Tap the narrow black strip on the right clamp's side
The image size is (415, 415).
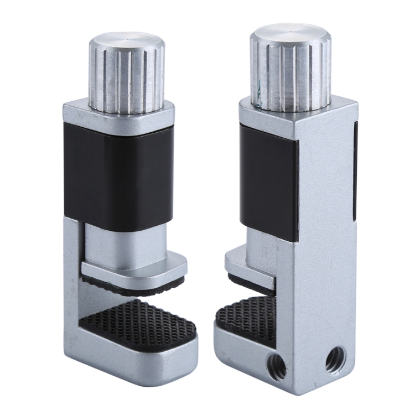(354, 166)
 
